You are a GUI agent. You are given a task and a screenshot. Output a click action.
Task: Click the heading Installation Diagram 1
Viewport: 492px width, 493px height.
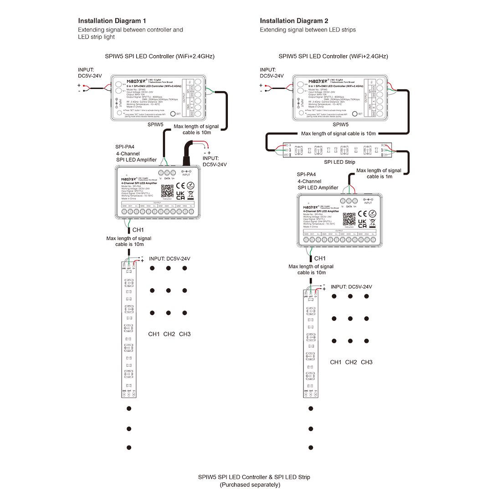112,21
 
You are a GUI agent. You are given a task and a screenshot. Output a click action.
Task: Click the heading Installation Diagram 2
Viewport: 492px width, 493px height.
294,21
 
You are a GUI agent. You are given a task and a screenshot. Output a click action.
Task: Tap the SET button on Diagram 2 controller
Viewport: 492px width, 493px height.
354,114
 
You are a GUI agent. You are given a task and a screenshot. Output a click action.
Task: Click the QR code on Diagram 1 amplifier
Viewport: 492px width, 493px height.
168,190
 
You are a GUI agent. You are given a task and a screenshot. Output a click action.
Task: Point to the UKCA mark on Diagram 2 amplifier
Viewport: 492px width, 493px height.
363,223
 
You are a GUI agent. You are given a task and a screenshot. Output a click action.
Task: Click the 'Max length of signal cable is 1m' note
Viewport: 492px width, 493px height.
379,173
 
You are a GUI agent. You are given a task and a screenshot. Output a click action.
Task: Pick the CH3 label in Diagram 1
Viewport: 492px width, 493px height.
184,334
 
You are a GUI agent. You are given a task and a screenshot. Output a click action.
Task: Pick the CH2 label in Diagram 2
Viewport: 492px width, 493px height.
351,362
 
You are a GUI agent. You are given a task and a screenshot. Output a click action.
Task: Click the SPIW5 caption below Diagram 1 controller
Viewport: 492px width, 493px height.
156,124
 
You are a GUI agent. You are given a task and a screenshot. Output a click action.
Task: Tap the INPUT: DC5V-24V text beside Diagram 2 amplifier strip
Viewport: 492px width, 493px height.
351,287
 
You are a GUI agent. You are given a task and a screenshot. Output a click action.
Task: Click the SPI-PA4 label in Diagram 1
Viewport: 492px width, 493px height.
125,147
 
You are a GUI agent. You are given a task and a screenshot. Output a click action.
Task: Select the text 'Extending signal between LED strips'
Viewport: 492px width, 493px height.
307,30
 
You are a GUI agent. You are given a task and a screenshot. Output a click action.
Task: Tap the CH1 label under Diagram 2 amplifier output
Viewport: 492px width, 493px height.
320,259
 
